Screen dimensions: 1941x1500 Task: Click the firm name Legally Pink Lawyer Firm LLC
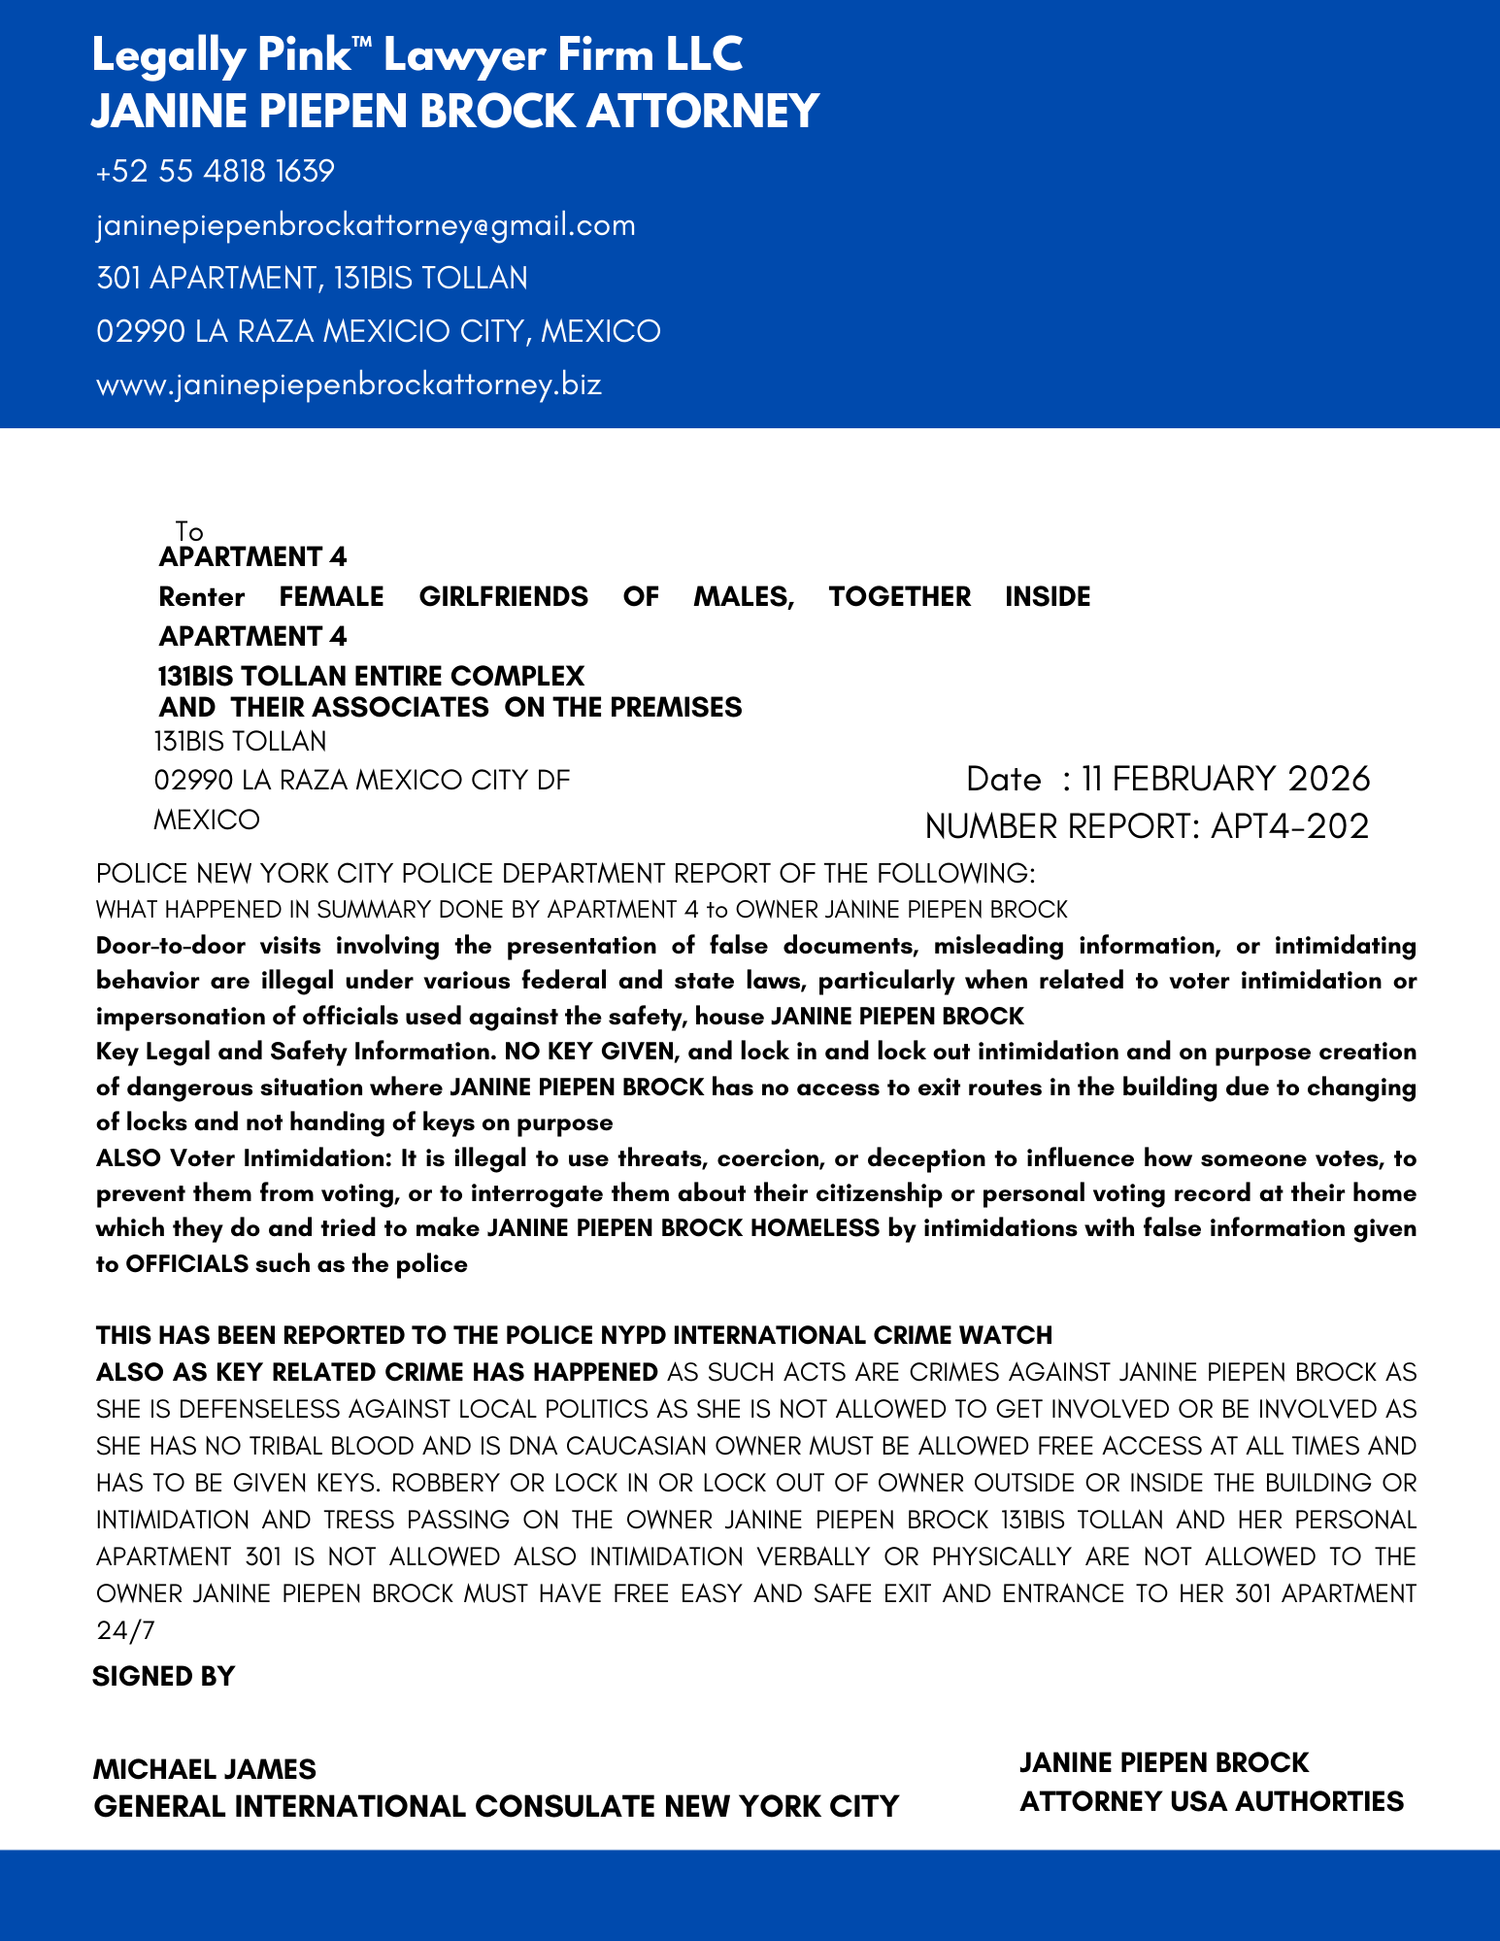(417, 55)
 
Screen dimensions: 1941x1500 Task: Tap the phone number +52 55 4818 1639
(216, 172)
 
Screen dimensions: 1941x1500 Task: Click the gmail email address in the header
(366, 225)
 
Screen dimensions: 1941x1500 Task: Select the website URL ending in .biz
(350, 385)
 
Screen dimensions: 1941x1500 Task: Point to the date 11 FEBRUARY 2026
(1225, 779)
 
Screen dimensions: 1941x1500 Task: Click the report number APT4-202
(1289, 826)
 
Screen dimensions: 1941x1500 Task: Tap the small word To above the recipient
(189, 531)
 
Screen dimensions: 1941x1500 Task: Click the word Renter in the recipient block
(202, 596)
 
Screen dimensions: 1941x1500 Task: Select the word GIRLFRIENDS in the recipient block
(503, 596)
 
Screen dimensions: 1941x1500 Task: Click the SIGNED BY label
(164, 1677)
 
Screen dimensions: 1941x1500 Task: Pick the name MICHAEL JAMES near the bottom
(205, 1769)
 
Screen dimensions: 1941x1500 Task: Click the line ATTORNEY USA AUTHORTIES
(1212, 1802)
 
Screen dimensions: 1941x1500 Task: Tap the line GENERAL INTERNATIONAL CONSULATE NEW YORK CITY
(496, 1807)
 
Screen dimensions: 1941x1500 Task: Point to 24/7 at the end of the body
(125, 1630)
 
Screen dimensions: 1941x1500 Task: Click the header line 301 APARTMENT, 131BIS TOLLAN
(312, 279)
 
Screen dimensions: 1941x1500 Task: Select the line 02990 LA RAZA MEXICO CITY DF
(362, 780)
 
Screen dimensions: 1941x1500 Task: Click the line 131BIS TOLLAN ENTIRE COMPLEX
(371, 676)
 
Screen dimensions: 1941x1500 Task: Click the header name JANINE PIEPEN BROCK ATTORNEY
(455, 112)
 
